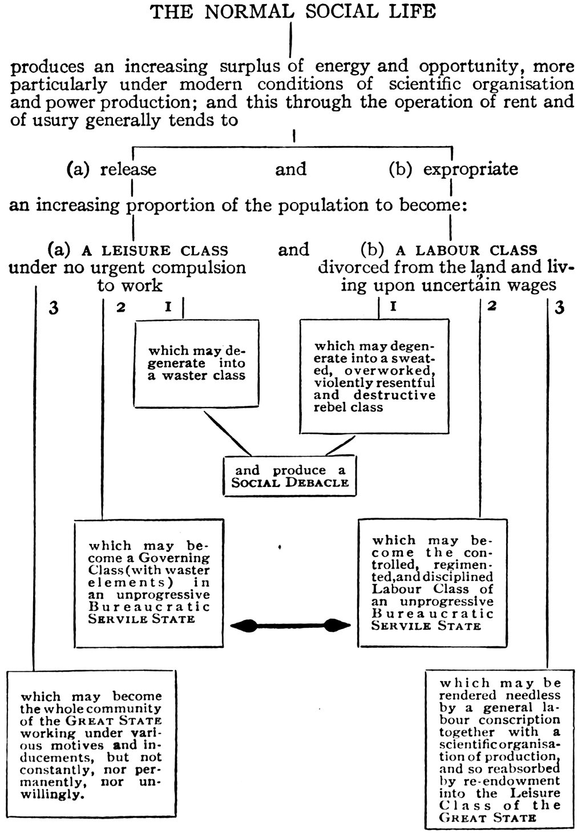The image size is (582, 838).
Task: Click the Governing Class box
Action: pos(150,582)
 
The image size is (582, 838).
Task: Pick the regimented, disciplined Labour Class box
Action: pos(432,582)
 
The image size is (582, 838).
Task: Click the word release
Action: pos(128,170)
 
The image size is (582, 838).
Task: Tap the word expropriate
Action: pos(471,170)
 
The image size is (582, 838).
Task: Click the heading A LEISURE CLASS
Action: pos(155,251)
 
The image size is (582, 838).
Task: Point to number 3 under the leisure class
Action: pos(54,308)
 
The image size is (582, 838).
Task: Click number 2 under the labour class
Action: pos(492,307)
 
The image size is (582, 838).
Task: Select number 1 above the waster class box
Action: pos(168,307)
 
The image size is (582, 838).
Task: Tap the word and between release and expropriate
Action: pos(291,170)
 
